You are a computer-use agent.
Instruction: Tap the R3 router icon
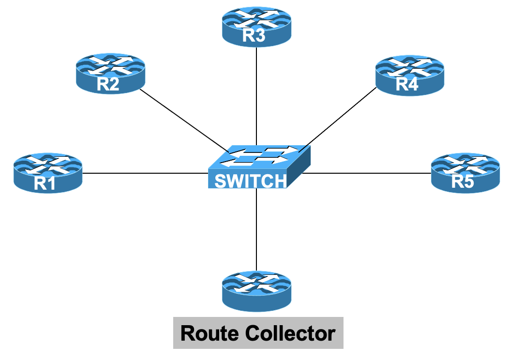click(256, 27)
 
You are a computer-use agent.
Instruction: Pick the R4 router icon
click(409, 74)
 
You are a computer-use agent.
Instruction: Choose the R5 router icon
click(465, 173)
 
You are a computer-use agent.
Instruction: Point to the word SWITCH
click(250, 181)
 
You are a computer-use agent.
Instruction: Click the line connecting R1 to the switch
click(145, 173)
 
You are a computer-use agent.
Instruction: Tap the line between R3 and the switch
click(256, 97)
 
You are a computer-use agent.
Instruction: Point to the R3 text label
click(254, 36)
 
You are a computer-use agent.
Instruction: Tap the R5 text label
click(463, 181)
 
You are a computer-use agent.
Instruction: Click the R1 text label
click(45, 183)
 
